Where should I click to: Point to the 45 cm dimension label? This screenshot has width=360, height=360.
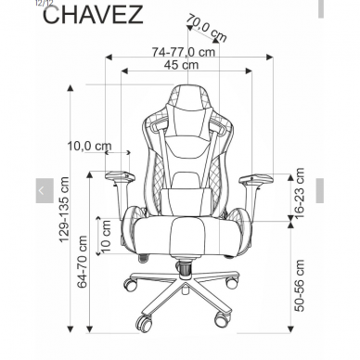point(180,66)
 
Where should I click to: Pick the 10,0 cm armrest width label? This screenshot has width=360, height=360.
point(88,147)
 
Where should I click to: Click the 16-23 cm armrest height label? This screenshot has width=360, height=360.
point(299,193)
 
